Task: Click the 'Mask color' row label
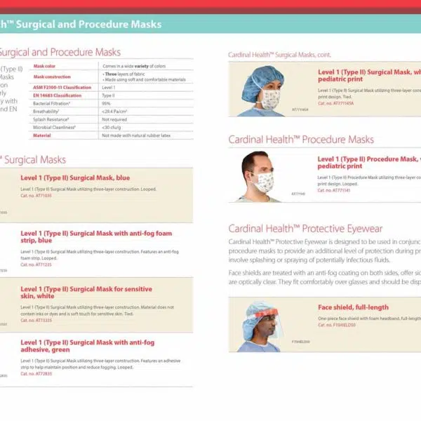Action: tap(45, 65)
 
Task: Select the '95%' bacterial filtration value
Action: tap(107, 103)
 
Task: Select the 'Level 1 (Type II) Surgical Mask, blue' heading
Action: tap(75, 178)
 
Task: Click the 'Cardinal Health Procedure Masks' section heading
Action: tap(301, 140)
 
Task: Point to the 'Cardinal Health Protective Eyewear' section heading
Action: tap(306, 229)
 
